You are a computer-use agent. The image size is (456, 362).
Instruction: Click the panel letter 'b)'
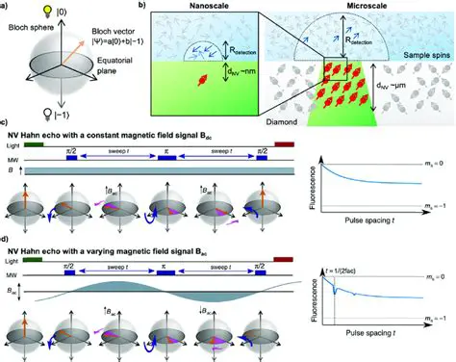tap(144, 7)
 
